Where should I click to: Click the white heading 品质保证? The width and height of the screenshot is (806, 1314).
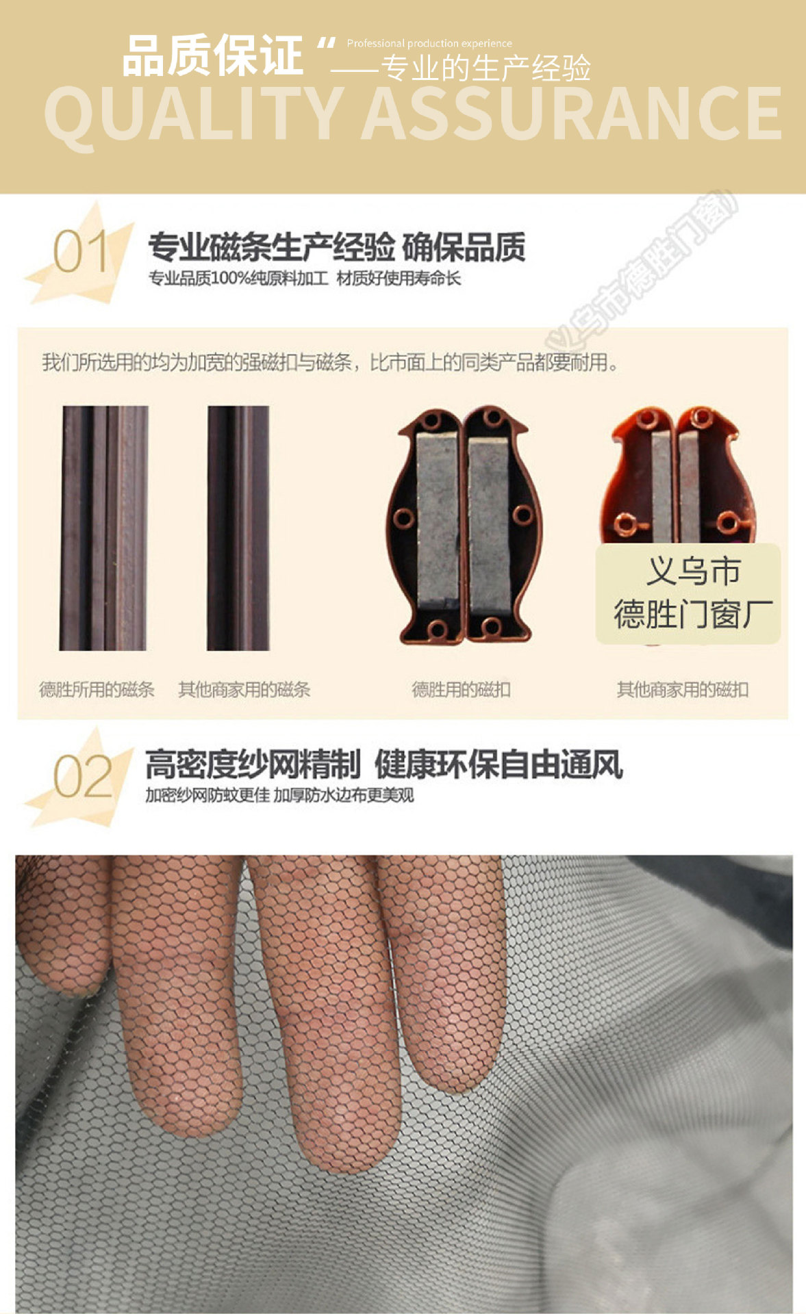click(x=212, y=56)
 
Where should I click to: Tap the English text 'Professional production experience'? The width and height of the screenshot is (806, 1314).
click(x=429, y=43)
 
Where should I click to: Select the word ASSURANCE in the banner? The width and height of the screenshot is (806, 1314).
click(x=571, y=114)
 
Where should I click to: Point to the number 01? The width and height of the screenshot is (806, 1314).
click(x=80, y=252)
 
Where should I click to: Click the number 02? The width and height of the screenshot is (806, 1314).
click(x=82, y=777)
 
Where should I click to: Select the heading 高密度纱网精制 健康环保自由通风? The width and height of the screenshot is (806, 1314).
click(x=383, y=764)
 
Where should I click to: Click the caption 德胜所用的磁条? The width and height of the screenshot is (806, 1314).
click(x=97, y=689)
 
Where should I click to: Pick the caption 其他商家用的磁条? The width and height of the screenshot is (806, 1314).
click(x=244, y=689)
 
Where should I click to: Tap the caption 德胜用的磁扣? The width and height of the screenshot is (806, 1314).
click(x=461, y=689)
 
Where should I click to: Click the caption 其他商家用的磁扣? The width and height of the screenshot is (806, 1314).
click(x=682, y=689)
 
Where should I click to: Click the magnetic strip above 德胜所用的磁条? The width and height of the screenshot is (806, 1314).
click(x=104, y=528)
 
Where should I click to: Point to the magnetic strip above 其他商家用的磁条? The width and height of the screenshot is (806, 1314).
click(x=238, y=528)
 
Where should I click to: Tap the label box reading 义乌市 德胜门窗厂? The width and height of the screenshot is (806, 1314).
click(x=689, y=593)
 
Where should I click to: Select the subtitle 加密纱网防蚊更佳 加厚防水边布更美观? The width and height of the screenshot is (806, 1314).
click(x=279, y=795)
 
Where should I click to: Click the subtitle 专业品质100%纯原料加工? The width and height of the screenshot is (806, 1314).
click(x=238, y=279)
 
